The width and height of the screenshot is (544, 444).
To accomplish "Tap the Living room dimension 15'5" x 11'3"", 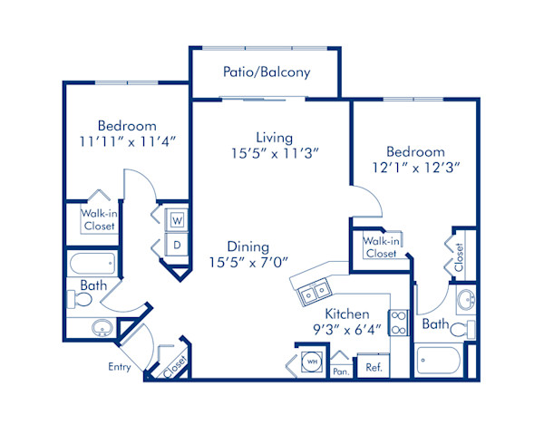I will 273,154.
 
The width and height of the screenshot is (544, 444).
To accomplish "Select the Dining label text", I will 248,246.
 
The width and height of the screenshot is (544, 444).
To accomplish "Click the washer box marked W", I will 176,220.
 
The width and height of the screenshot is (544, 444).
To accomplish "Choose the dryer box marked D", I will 176,245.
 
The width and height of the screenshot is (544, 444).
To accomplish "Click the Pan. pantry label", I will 341,371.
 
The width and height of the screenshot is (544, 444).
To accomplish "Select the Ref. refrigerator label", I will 374,367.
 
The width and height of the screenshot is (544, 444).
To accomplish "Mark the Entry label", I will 119,367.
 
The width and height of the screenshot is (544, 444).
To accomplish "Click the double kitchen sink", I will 314,292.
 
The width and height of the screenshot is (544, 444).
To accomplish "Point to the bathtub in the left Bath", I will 93,265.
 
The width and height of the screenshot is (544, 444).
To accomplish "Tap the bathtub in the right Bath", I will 443,361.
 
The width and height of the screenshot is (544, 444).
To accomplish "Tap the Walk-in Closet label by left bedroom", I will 98,220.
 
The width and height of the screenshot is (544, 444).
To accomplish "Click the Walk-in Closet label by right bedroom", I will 381,247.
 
